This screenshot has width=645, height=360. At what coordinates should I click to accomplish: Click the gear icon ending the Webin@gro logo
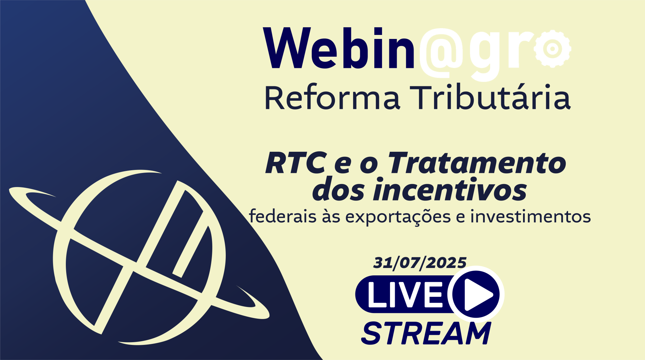[x=552, y=49]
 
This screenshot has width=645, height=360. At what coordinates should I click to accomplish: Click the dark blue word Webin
[x=339, y=48]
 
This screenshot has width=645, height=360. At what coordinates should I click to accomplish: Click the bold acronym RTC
[x=296, y=163]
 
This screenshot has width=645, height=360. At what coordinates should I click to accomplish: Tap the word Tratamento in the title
[x=477, y=163]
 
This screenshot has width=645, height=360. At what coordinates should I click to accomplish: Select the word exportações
[x=398, y=217]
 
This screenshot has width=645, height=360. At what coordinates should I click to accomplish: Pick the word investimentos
[x=530, y=216]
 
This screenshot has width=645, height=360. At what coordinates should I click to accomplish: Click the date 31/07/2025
[x=420, y=263]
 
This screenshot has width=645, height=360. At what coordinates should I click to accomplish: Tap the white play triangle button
[x=478, y=295]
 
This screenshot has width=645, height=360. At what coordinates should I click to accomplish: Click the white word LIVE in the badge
[x=405, y=295]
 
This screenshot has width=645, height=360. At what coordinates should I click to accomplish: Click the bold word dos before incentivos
[x=339, y=190]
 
